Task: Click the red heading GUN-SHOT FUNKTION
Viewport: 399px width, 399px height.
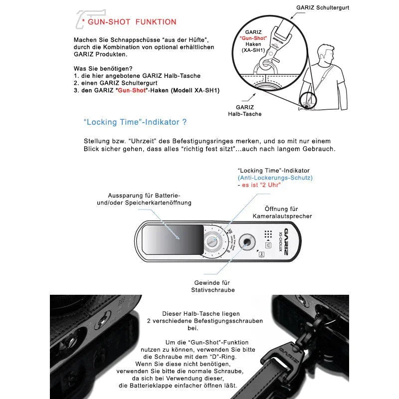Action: pos(132,22)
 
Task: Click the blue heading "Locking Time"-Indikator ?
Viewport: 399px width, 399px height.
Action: pos(135,122)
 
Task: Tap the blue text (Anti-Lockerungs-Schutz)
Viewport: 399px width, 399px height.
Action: pos(275,178)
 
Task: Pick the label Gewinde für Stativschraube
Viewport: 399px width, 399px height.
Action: pos(212,286)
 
